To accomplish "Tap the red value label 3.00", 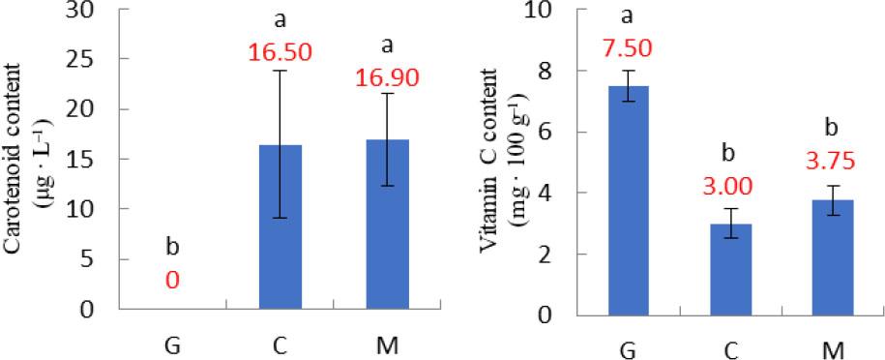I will [x=739, y=186].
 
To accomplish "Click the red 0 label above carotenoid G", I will [x=171, y=283].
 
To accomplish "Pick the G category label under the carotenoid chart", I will [x=172, y=345].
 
